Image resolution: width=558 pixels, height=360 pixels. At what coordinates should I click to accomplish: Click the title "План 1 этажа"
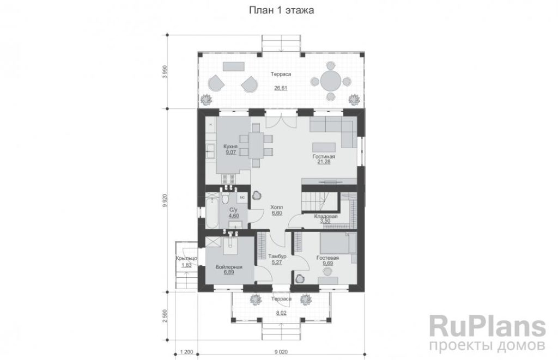click(281, 10)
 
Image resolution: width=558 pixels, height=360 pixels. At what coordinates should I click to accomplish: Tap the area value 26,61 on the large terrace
click(281, 88)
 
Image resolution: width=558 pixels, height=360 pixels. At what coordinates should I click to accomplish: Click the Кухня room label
click(231, 147)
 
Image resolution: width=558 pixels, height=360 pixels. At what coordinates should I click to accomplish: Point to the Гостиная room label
click(324, 156)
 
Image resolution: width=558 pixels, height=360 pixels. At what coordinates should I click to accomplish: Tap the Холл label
click(277, 207)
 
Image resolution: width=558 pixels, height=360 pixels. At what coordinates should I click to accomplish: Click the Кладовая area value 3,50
click(325, 221)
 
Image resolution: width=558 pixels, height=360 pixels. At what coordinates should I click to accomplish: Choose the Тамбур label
click(277, 256)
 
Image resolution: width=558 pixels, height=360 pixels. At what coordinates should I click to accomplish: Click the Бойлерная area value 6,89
click(229, 272)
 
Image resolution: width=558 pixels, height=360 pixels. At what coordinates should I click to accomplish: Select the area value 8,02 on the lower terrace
click(281, 313)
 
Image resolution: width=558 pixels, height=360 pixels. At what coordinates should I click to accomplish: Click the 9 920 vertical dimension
click(165, 200)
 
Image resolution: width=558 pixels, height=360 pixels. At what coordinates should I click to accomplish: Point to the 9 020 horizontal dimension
click(281, 352)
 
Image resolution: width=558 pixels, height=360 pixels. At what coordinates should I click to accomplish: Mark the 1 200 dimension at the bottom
click(186, 352)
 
